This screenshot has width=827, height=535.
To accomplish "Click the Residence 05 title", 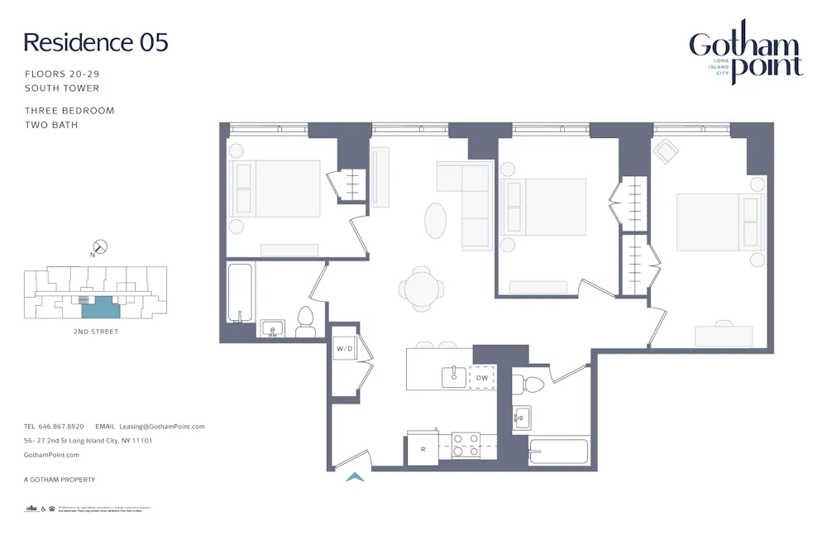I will [x=96, y=42].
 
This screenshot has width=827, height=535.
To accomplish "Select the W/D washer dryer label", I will [x=344, y=349].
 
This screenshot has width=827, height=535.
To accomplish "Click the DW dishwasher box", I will [x=482, y=377].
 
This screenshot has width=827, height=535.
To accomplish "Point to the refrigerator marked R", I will [x=423, y=450].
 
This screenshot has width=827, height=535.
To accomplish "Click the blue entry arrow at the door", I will [x=355, y=476].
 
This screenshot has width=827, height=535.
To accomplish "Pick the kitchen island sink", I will [x=454, y=377].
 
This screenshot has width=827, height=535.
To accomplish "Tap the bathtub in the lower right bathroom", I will [x=558, y=452].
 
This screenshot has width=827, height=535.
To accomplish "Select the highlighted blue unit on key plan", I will [x=100, y=308].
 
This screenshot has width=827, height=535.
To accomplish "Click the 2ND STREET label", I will [x=96, y=332].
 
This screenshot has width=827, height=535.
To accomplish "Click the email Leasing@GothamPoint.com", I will [x=161, y=427].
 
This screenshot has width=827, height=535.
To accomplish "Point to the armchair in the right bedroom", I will [x=666, y=150].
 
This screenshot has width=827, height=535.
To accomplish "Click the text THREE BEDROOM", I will [x=69, y=111].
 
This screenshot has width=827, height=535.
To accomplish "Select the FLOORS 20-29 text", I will [x=62, y=74].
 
